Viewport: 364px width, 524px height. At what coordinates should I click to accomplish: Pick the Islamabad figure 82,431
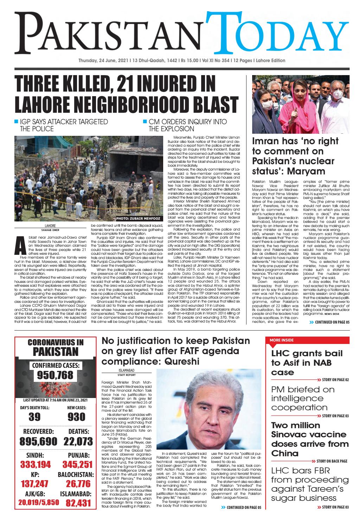[78, 503]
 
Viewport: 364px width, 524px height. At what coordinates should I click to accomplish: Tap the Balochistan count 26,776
[78, 484]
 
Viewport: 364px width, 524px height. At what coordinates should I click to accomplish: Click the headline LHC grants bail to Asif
[302, 363]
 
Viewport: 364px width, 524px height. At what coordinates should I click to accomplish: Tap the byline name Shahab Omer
[51, 230]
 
